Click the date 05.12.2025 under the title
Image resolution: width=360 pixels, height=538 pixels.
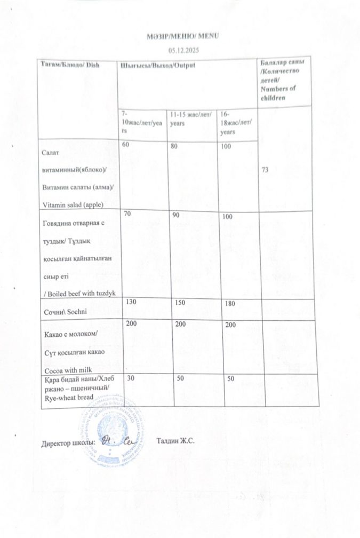[x=183, y=49]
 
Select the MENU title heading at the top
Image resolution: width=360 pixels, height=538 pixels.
[x=183, y=36]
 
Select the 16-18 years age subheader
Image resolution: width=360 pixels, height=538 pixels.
[x=235, y=122]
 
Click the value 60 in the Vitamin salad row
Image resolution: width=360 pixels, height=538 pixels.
[x=126, y=145]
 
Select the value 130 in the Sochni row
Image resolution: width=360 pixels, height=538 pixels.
[x=129, y=302]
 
